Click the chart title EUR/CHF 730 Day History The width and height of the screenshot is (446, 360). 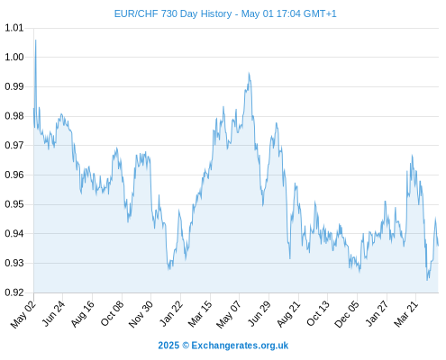click(173, 14)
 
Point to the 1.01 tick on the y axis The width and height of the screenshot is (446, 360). click(14, 28)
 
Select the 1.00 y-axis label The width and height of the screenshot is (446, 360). click(14, 57)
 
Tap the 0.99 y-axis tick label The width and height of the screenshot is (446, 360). click(14, 86)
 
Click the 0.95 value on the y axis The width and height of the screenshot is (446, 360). click(14, 204)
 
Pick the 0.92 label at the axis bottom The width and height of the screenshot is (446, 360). click(14, 292)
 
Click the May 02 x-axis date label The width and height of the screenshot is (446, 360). click(23, 314)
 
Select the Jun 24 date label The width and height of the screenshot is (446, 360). click(53, 313)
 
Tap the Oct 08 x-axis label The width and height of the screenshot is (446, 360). click(112, 313)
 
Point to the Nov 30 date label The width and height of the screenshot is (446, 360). click(141, 314)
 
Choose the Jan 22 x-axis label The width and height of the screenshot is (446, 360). click(171, 313)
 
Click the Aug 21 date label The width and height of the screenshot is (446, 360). click(288, 314)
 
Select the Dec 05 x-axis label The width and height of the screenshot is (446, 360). click(347, 314)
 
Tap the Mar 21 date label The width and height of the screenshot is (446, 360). click(406, 314)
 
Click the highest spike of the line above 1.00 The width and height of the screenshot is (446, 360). click(36, 40)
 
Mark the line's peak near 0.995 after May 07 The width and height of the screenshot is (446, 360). click(249, 73)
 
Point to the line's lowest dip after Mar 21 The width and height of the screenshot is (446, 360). click(427, 280)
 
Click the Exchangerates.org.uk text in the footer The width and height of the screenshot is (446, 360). click(240, 346)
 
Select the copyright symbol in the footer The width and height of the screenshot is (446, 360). click(186, 346)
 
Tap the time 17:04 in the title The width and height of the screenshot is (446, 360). click(288, 14)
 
